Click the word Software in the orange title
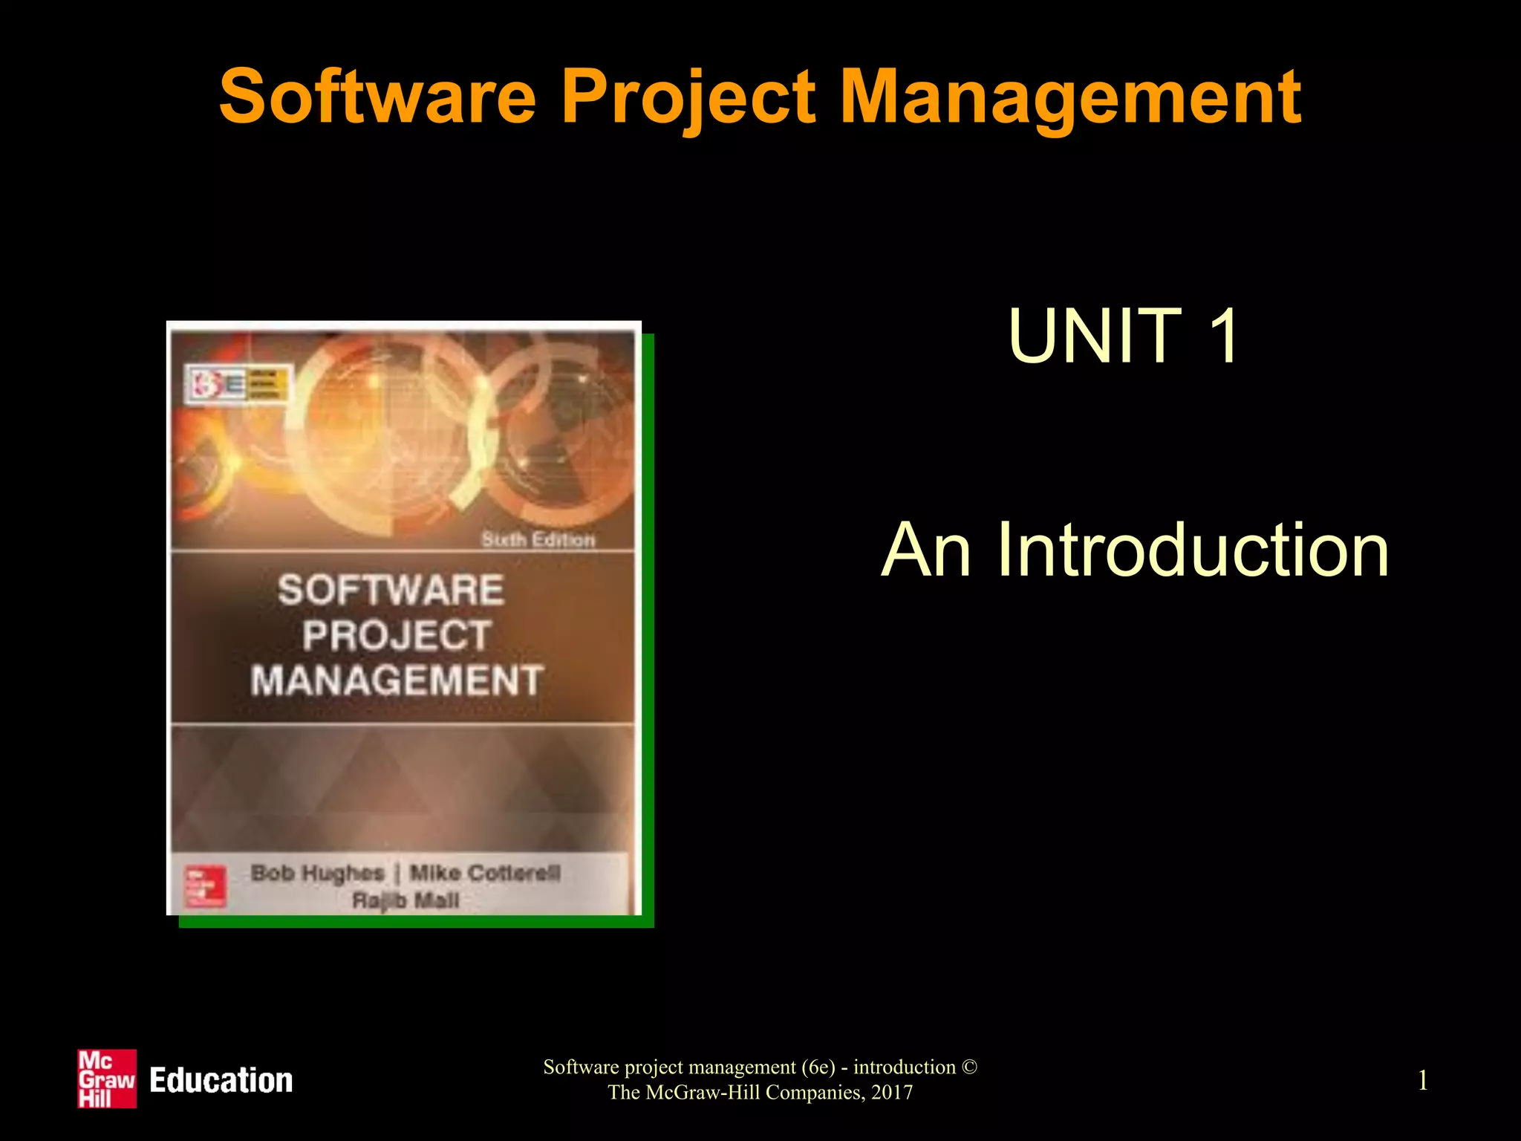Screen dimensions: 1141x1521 coord(377,97)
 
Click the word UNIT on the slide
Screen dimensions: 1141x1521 coord(1095,337)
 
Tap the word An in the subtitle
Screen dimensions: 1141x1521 coord(925,550)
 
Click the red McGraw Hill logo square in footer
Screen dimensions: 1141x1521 coord(107,1079)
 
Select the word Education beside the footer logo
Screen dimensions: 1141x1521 coord(221,1081)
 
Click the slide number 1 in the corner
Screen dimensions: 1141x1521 coord(1422,1080)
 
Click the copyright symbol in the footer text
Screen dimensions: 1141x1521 coord(969,1067)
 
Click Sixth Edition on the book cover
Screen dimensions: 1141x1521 coord(538,539)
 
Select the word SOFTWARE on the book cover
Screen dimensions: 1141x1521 coord(391,591)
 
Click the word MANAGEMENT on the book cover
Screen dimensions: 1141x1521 coord(397,680)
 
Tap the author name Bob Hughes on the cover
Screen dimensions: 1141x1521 coord(317,873)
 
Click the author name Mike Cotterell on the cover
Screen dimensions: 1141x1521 coord(485,873)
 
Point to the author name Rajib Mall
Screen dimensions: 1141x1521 coord(406,900)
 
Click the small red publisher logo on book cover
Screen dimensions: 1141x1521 coord(204,886)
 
